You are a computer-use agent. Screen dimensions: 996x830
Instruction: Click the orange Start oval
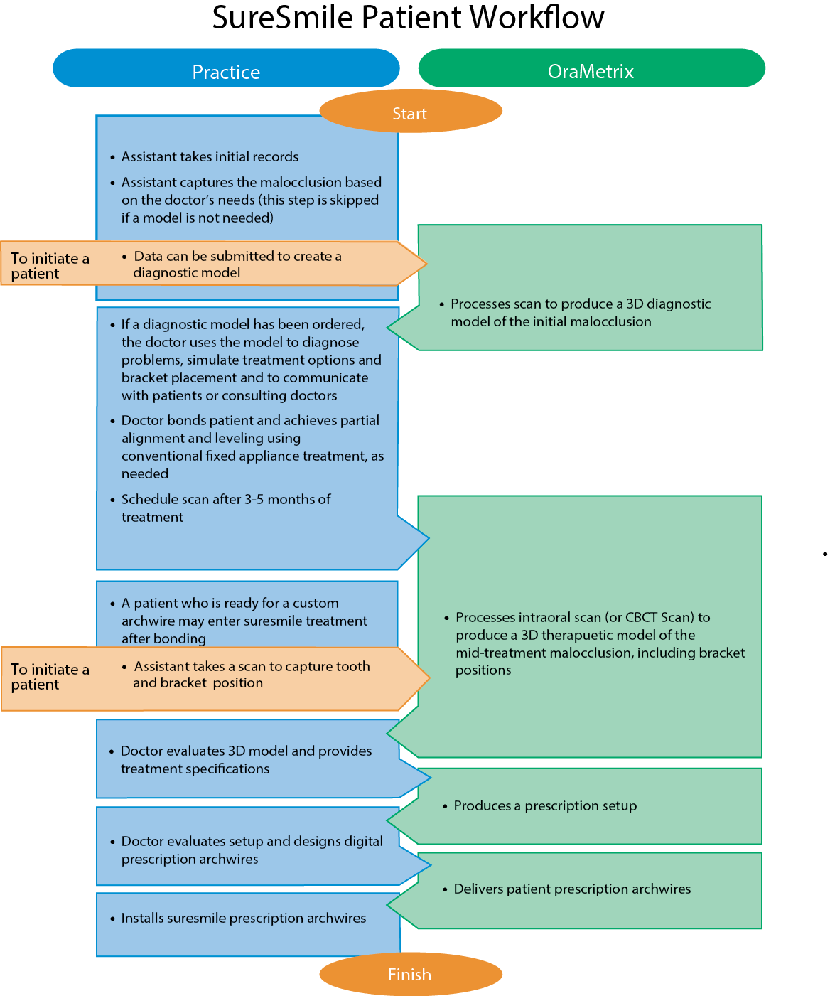pyautogui.click(x=410, y=112)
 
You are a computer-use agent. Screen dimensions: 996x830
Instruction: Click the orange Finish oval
pyautogui.click(x=410, y=974)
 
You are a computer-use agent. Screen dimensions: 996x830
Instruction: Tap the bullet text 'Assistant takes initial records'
pyautogui.click(x=210, y=156)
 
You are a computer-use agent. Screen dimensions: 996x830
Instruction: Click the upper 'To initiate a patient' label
pyautogui.click(x=50, y=266)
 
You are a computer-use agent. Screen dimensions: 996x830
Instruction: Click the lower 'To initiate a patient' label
pyautogui.click(x=50, y=677)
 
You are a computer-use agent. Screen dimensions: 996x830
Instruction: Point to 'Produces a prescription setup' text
pyautogui.click(x=545, y=805)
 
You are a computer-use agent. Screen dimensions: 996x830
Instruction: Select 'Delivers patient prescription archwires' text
pyautogui.click(x=572, y=889)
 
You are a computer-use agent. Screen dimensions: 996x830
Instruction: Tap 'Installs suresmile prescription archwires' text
pyautogui.click(x=244, y=918)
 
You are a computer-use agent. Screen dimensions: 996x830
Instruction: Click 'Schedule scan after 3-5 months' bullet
pyautogui.click(x=225, y=499)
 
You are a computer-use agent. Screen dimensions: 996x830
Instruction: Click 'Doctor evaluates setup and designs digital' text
pyautogui.click(x=252, y=841)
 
